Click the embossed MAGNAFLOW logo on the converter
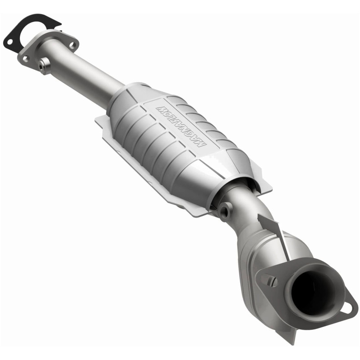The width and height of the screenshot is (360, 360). point(180,126)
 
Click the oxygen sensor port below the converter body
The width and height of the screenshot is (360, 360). point(225,209)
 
